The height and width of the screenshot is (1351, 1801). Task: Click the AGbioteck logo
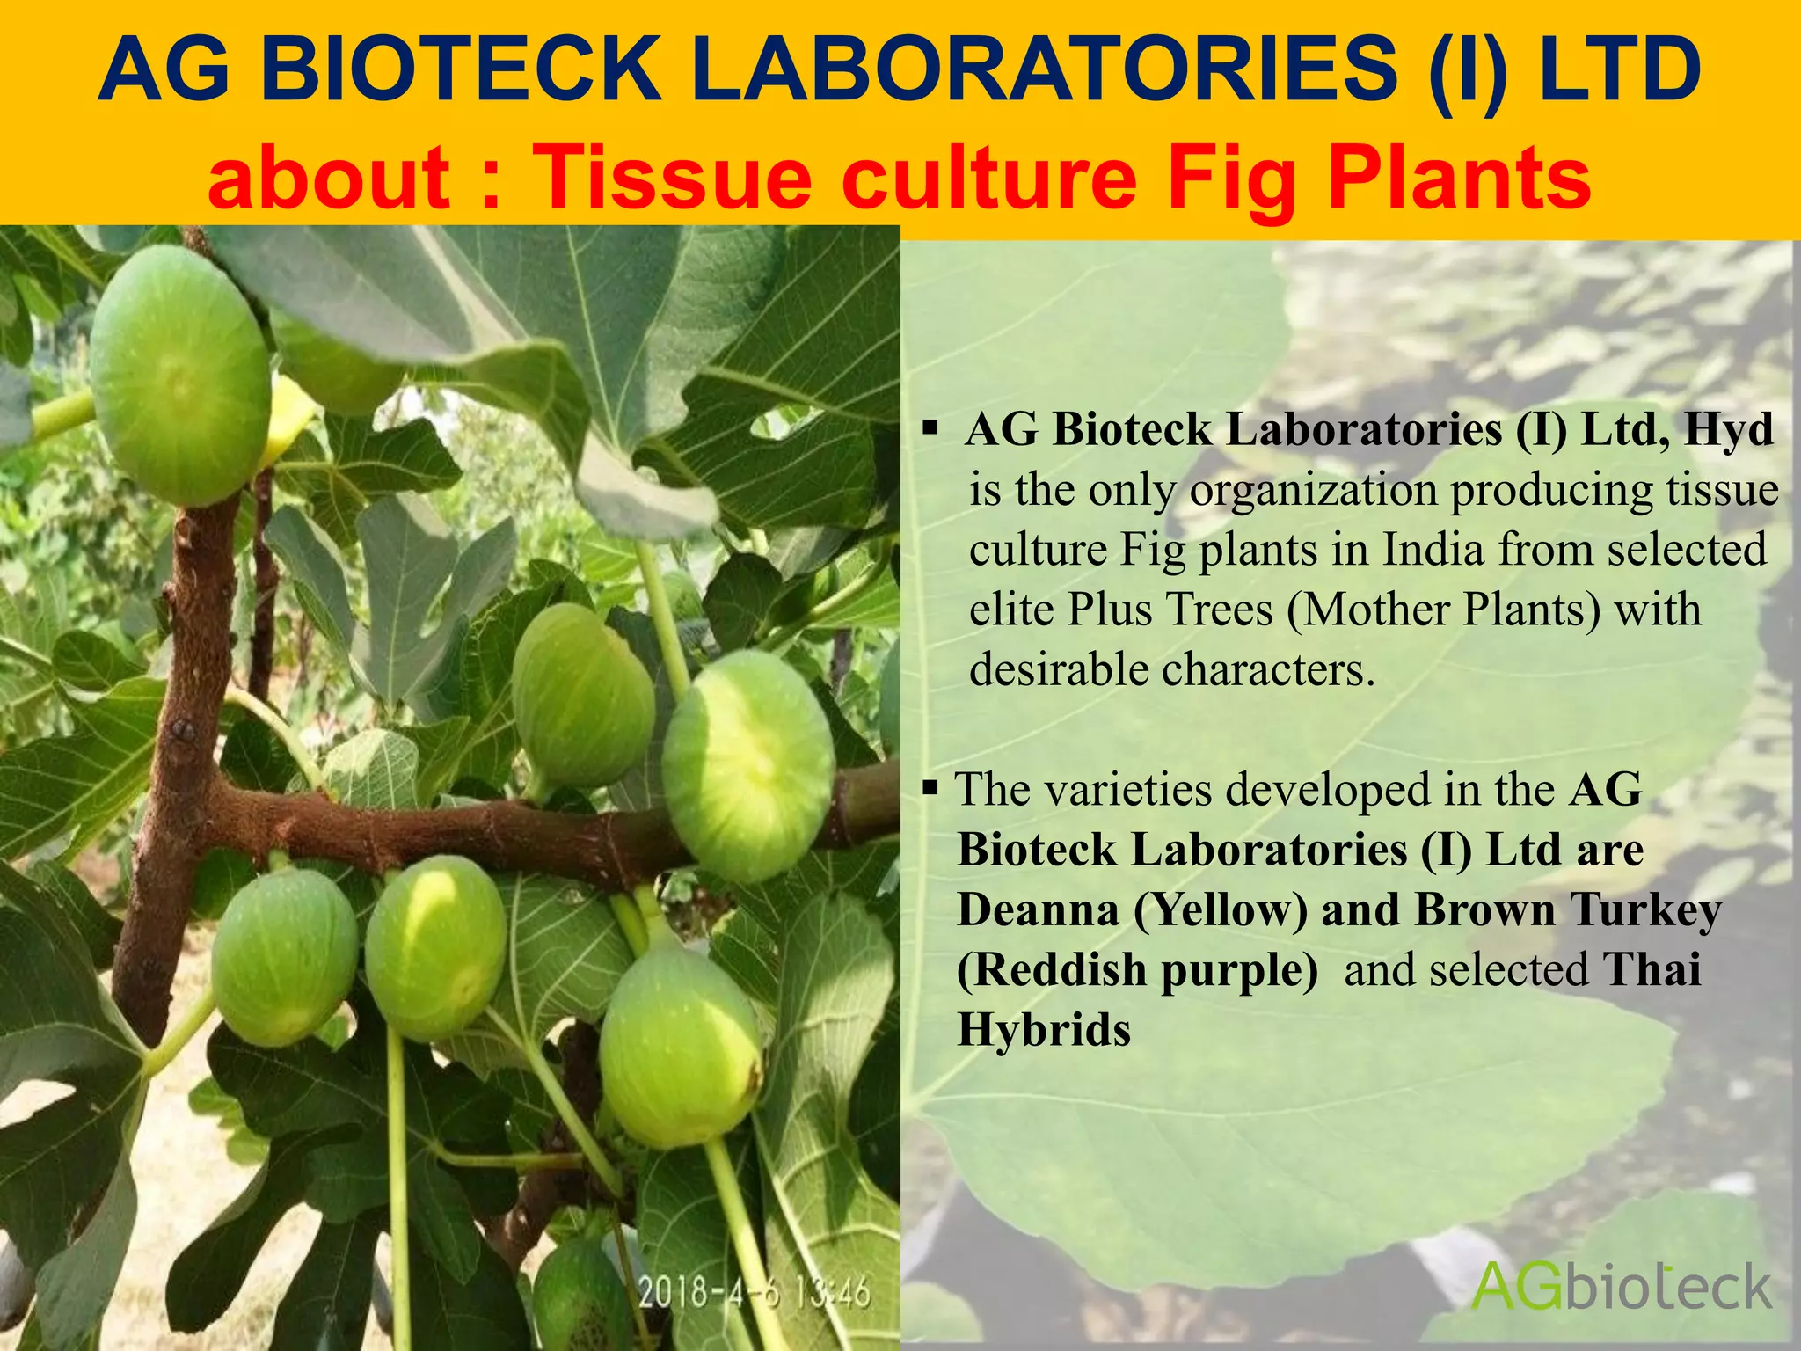click(1621, 1287)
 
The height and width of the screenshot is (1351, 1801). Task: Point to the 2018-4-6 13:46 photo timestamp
click(754, 1293)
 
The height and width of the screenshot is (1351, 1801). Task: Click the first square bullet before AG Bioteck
click(930, 430)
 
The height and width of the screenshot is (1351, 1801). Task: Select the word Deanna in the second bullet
click(1038, 909)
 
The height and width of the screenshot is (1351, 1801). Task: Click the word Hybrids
click(1044, 1029)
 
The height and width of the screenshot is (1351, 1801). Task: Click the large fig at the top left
click(180, 376)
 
